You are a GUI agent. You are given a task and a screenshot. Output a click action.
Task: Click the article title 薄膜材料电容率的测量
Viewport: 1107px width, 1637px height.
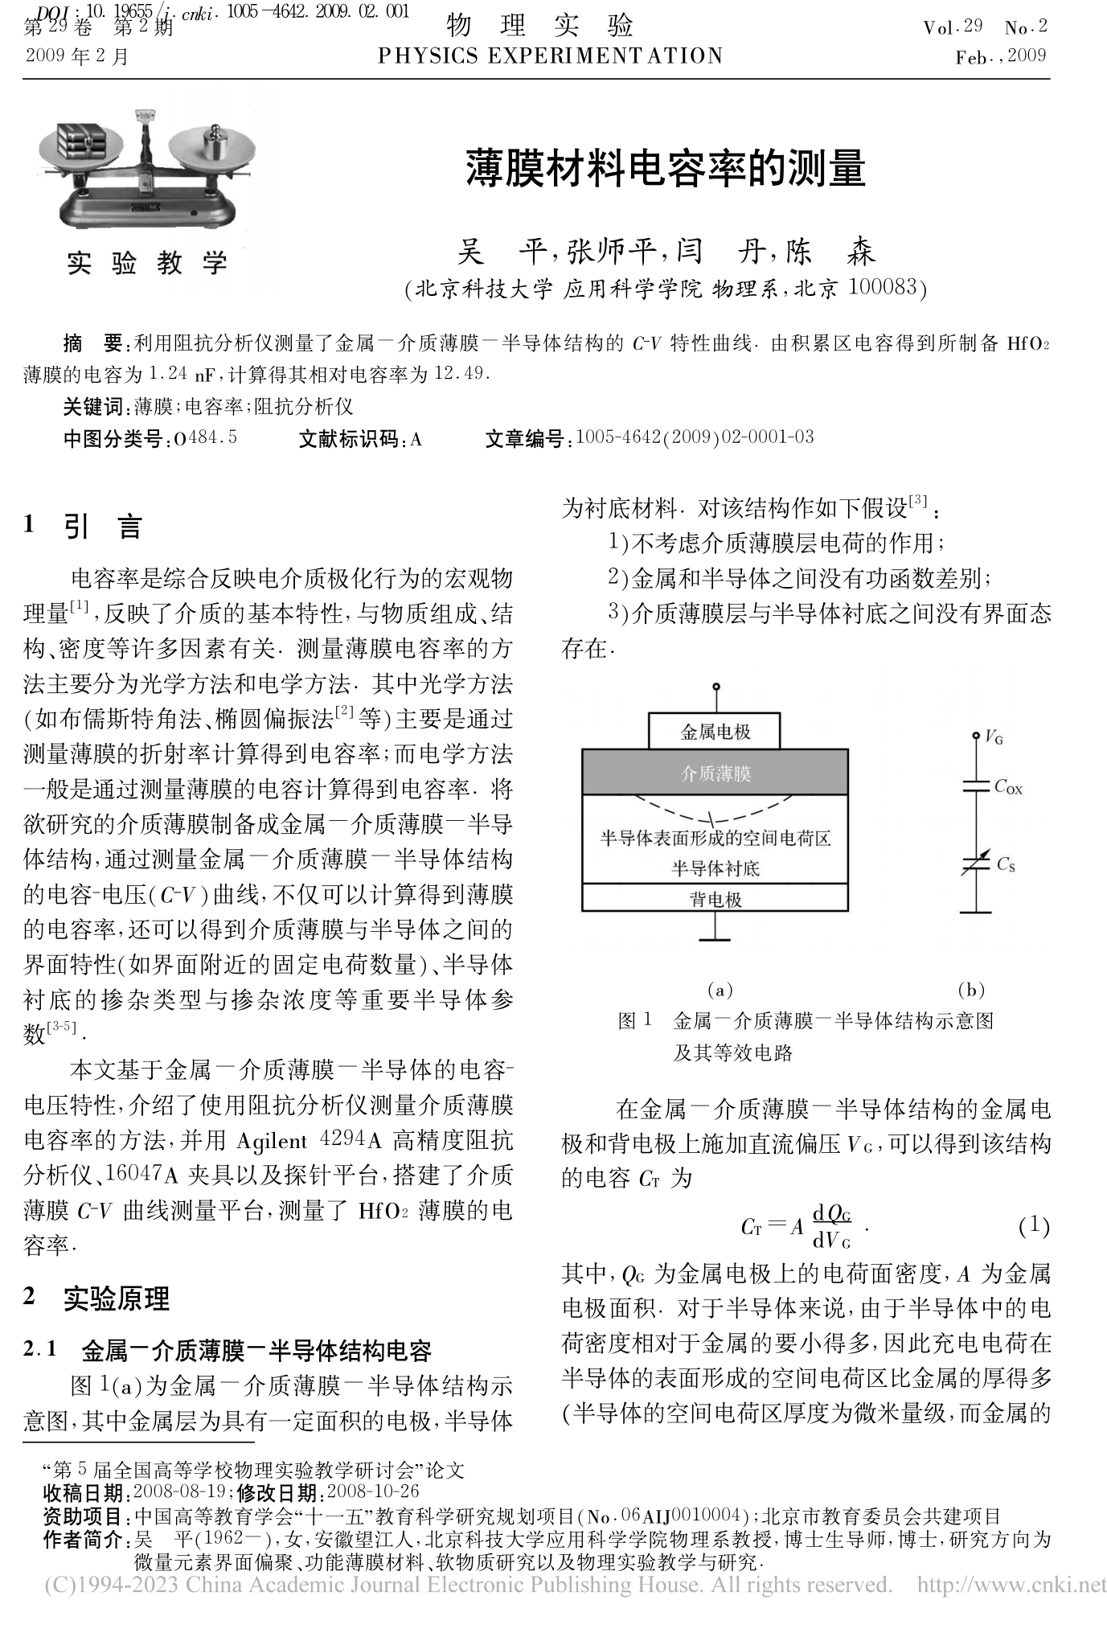[665, 168]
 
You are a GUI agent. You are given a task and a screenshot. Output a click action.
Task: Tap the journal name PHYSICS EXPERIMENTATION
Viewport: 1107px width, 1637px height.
[550, 55]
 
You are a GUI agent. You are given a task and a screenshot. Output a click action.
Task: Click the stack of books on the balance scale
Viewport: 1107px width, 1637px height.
[81, 141]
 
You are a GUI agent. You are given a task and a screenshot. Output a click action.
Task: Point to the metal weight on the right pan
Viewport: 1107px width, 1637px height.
[215, 144]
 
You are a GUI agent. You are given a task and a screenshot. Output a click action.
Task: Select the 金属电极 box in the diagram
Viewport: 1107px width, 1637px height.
[715, 732]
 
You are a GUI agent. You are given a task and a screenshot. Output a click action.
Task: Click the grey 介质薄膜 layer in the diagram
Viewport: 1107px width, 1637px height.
[715, 773]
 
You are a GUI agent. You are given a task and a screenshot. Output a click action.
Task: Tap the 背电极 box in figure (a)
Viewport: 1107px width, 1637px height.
[715, 899]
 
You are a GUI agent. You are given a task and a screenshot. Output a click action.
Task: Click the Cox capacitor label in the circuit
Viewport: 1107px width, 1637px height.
[1008, 787]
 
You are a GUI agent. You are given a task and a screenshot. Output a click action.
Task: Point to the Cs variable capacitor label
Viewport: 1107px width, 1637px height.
[1006, 865]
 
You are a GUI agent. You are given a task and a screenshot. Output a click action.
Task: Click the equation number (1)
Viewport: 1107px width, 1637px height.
[1034, 1225]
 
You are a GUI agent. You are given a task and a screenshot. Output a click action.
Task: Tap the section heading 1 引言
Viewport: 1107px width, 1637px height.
[84, 527]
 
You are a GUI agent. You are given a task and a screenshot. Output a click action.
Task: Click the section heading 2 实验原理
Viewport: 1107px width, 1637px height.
[96, 1299]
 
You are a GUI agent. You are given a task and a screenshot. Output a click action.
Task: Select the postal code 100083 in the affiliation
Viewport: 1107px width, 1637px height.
[883, 288]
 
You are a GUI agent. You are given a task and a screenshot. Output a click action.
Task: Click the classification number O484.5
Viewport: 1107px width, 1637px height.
[205, 438]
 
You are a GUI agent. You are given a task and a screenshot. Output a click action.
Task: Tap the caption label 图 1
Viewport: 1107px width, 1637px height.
[635, 1021]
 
